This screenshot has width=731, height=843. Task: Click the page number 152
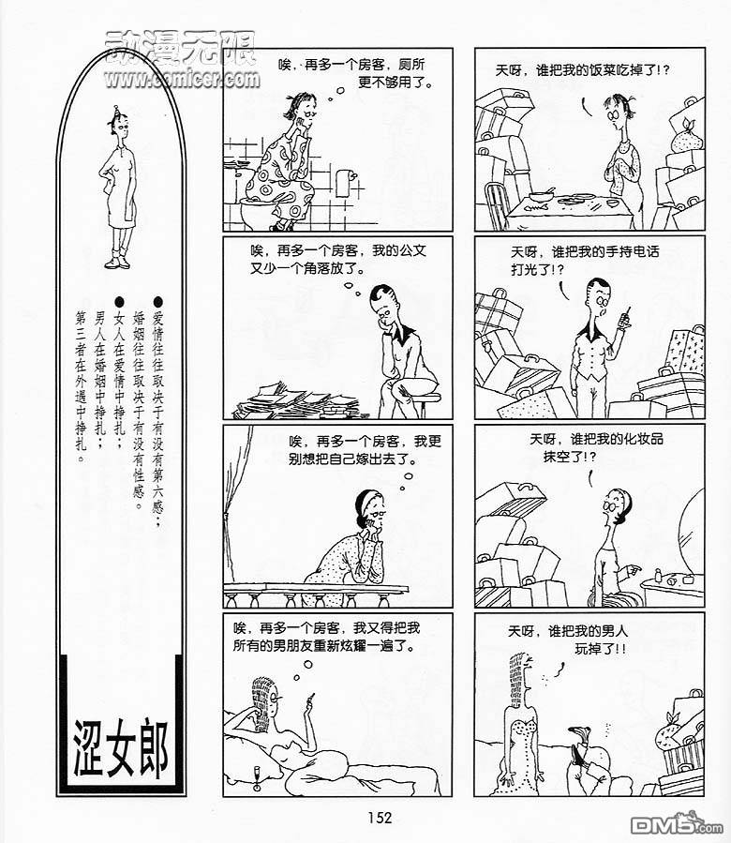(380, 818)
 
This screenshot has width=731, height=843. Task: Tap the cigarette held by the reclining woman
(310, 700)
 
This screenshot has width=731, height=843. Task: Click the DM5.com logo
(677, 825)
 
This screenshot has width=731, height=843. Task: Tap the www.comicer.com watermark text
(182, 80)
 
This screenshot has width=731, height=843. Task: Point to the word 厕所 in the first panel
(411, 65)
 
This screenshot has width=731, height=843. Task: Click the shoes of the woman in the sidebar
(118, 262)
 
